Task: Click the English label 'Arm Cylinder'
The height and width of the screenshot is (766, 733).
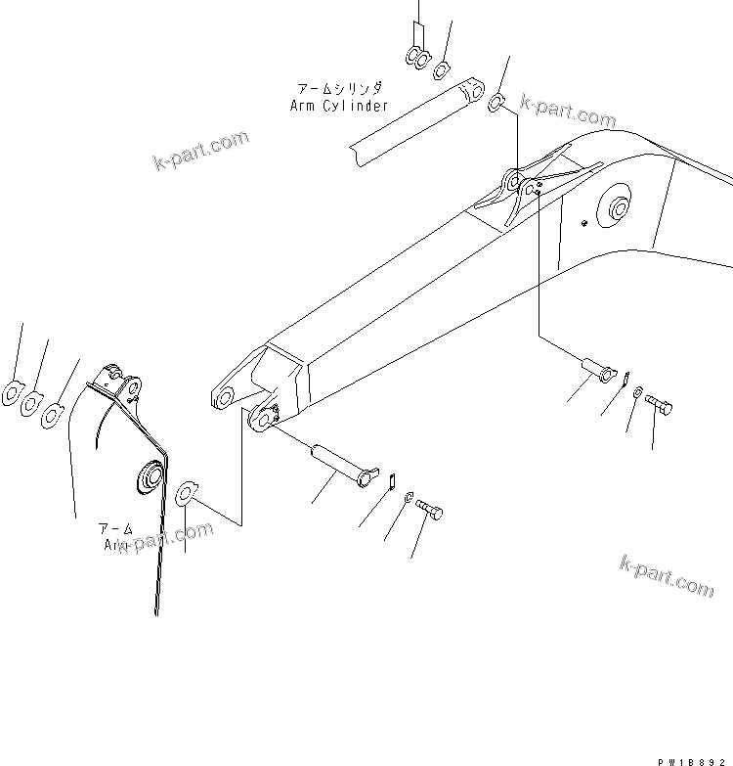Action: tap(339, 105)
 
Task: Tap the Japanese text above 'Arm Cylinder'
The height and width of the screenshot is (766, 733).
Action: tap(339, 88)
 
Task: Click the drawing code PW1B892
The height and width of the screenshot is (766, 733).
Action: tap(692, 758)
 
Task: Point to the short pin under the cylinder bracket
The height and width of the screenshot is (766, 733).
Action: tap(599, 371)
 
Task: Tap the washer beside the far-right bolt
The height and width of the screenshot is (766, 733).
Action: tap(637, 393)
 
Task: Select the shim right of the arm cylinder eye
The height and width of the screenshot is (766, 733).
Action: tap(496, 101)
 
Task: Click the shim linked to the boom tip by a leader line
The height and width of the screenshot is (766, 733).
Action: tap(187, 492)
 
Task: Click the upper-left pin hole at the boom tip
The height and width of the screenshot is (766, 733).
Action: tap(224, 396)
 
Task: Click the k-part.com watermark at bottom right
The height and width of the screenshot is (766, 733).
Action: tap(667, 575)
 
